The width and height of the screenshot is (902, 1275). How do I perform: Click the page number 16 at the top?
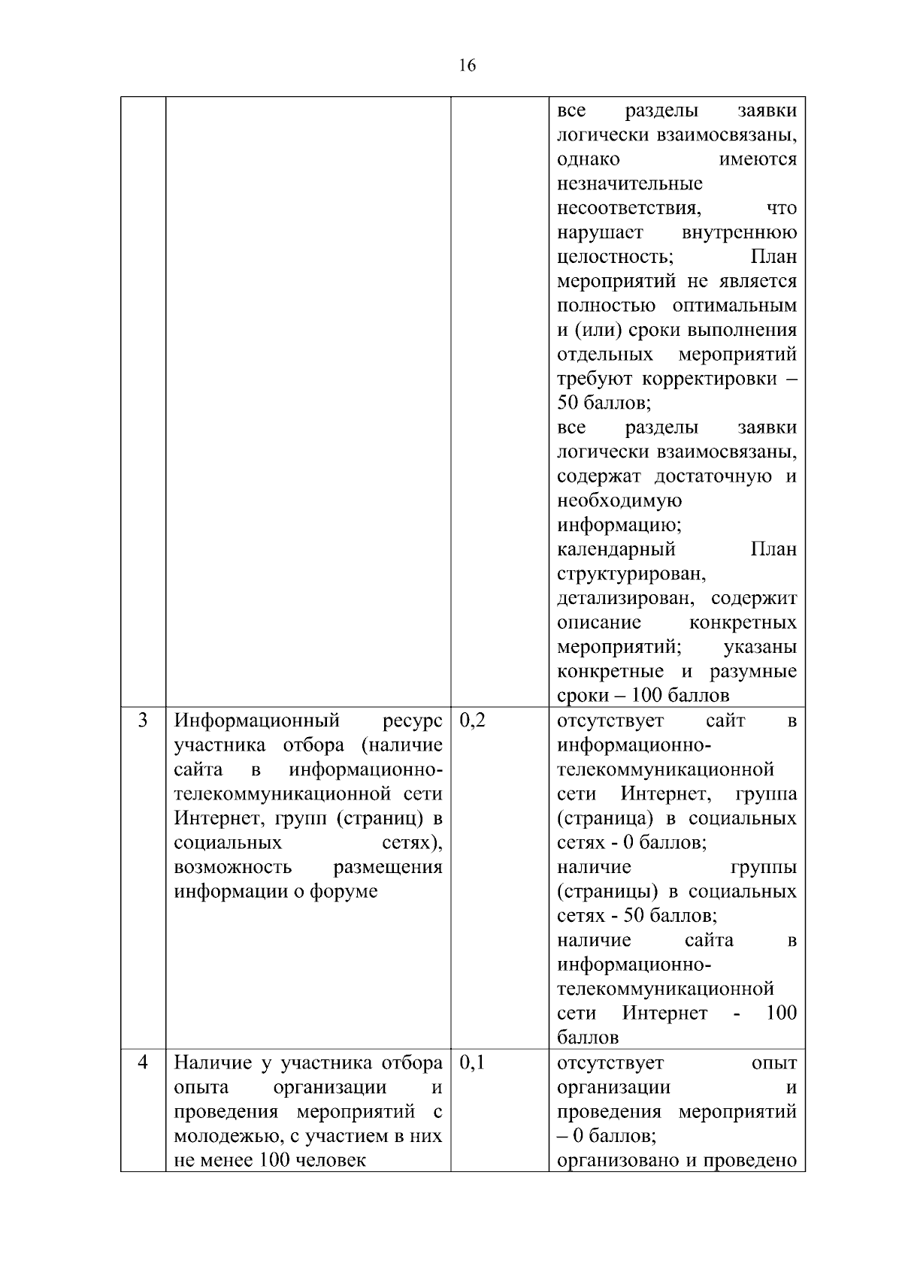click(x=466, y=66)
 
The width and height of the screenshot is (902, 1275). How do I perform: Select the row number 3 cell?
click(x=143, y=721)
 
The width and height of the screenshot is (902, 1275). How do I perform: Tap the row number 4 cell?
click(x=143, y=1063)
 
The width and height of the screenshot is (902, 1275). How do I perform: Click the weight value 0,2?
click(x=473, y=721)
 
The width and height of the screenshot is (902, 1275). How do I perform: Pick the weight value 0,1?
click(x=473, y=1063)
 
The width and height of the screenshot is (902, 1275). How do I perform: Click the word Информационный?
click(x=257, y=721)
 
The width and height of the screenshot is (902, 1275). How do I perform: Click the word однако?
click(x=589, y=159)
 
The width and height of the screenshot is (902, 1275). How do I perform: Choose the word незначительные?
click(x=630, y=184)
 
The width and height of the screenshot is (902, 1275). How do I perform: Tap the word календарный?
click(x=616, y=549)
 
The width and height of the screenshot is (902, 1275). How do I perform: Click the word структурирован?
click(x=631, y=574)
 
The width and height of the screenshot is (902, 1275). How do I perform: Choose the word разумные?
click(x=753, y=671)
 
